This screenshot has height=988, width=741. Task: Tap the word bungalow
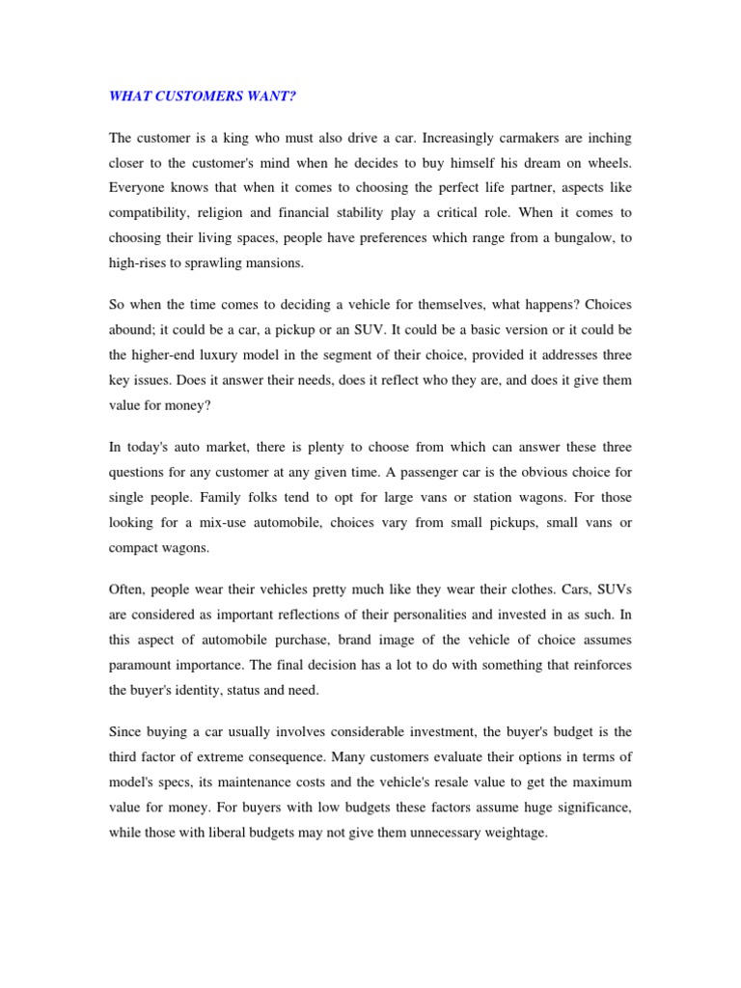pos(579,237)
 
